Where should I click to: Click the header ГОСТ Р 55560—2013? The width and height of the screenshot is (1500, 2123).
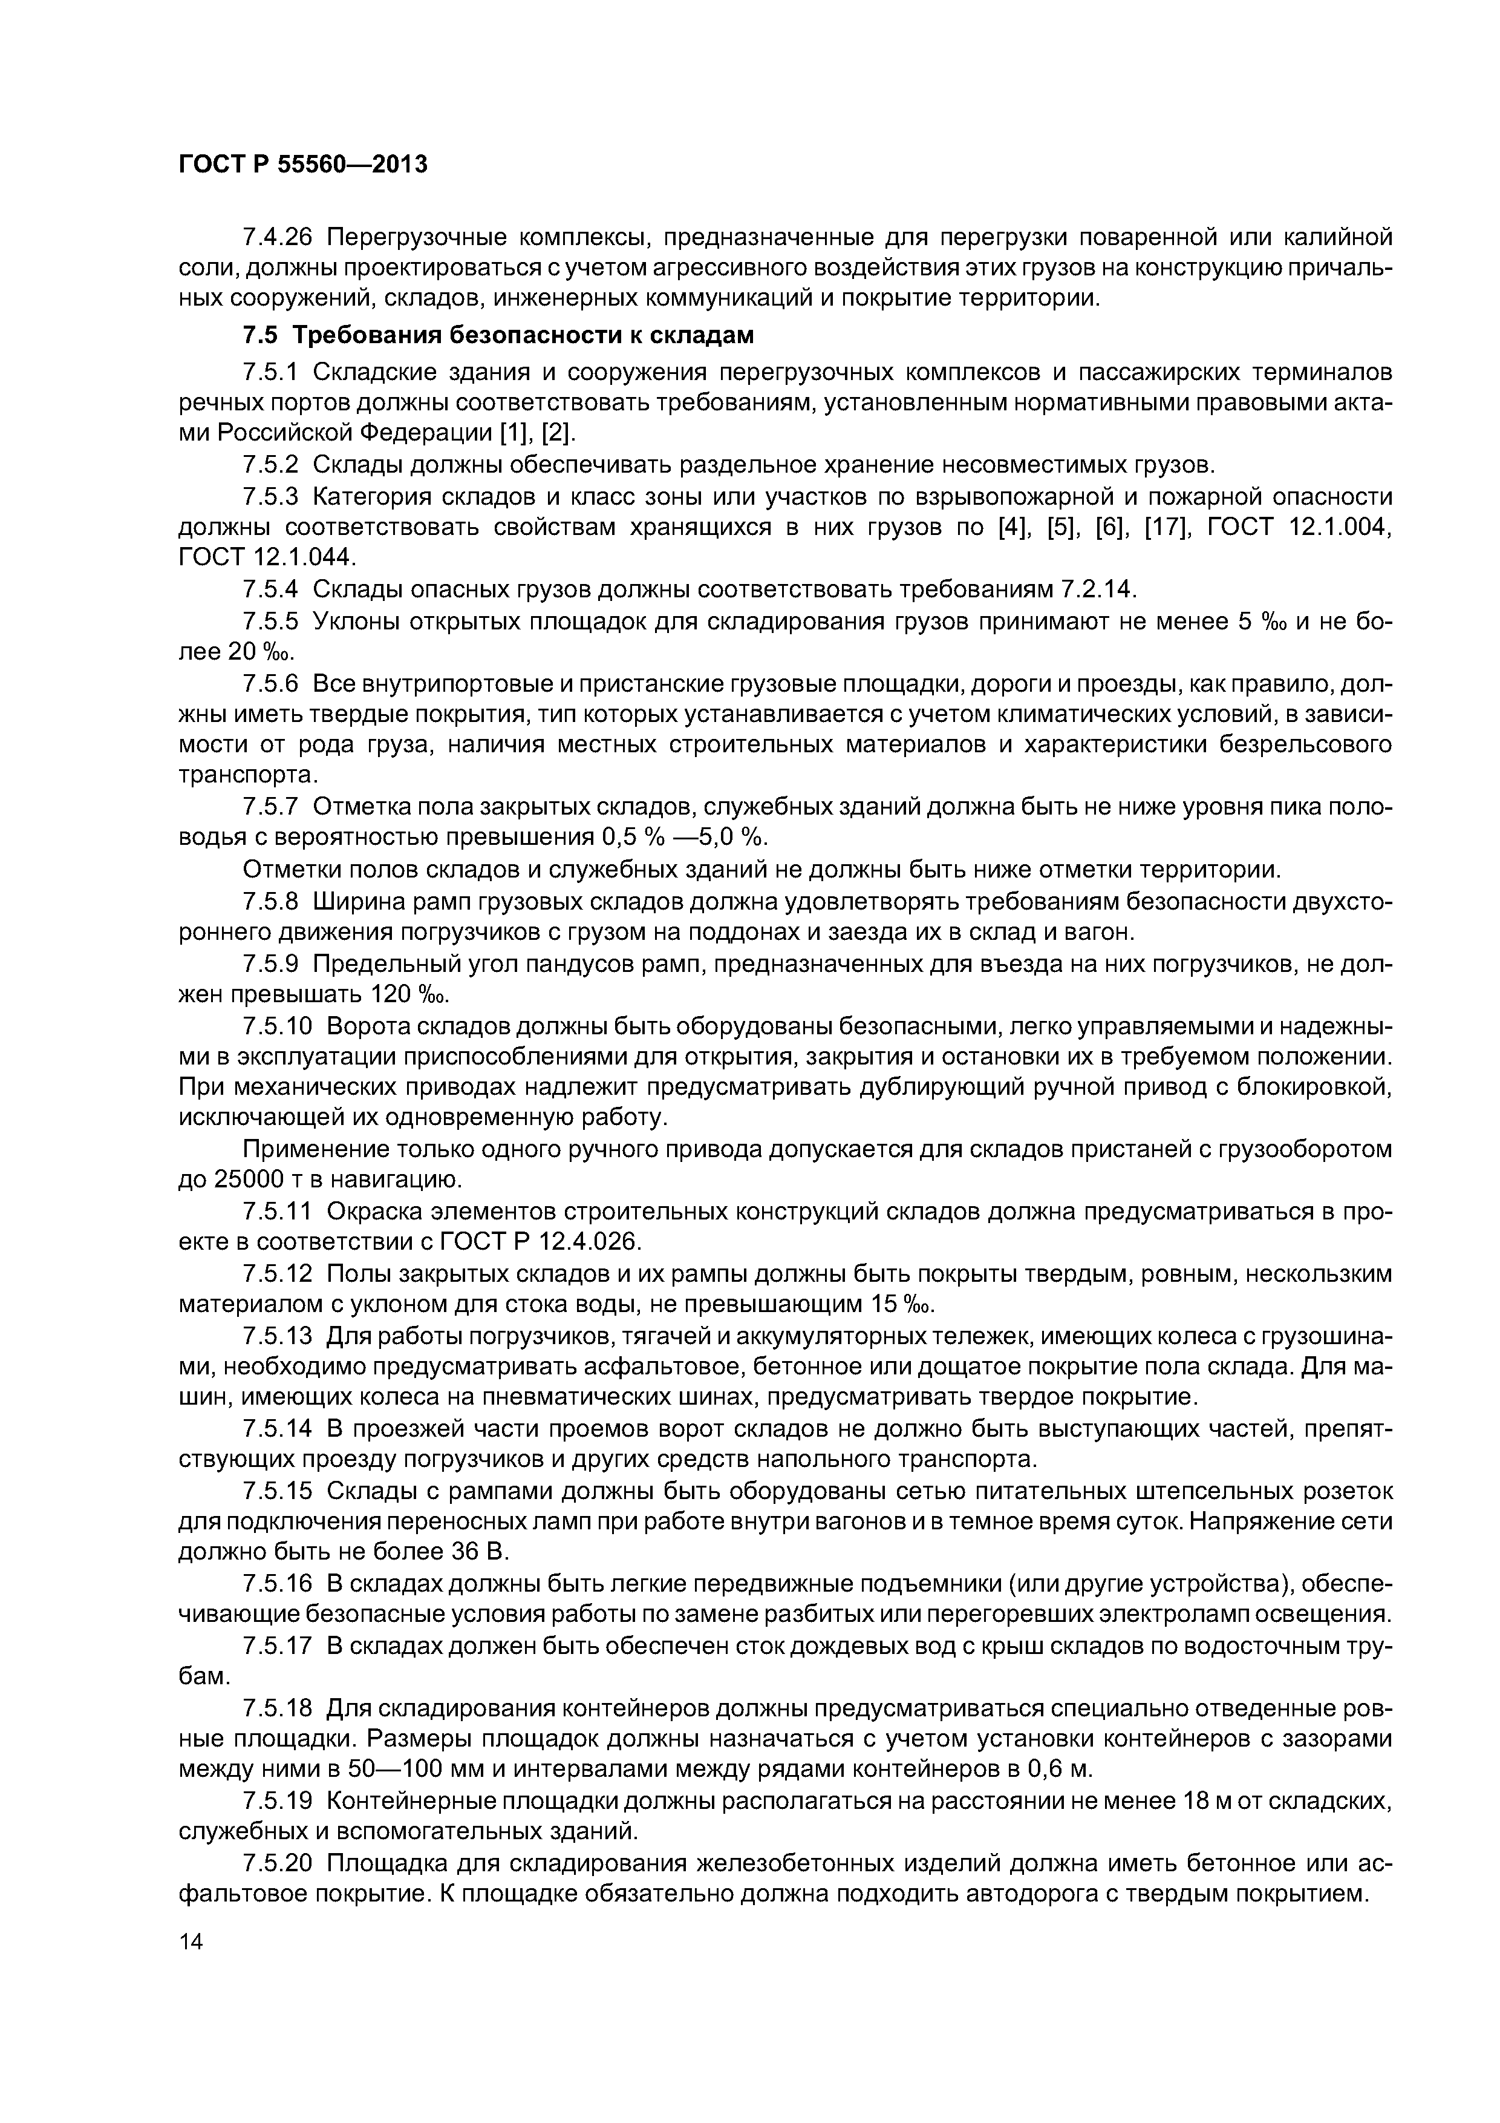coord(302,165)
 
